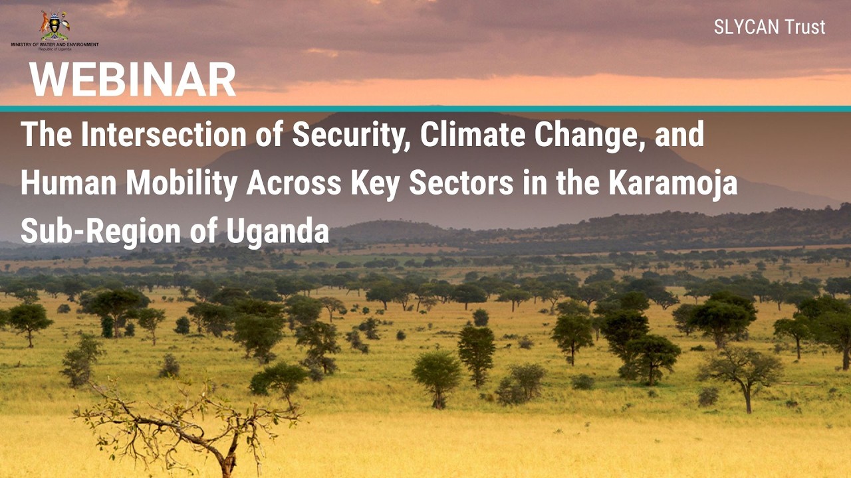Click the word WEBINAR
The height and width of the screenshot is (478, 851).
pyautogui.click(x=133, y=80)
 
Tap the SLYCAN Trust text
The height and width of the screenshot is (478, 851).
pyautogui.click(x=769, y=27)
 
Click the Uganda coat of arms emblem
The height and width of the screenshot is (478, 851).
pyautogui.click(x=55, y=25)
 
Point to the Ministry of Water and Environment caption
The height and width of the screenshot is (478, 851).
pyautogui.click(x=55, y=45)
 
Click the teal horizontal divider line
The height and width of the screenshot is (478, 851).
pyautogui.click(x=425, y=108)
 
